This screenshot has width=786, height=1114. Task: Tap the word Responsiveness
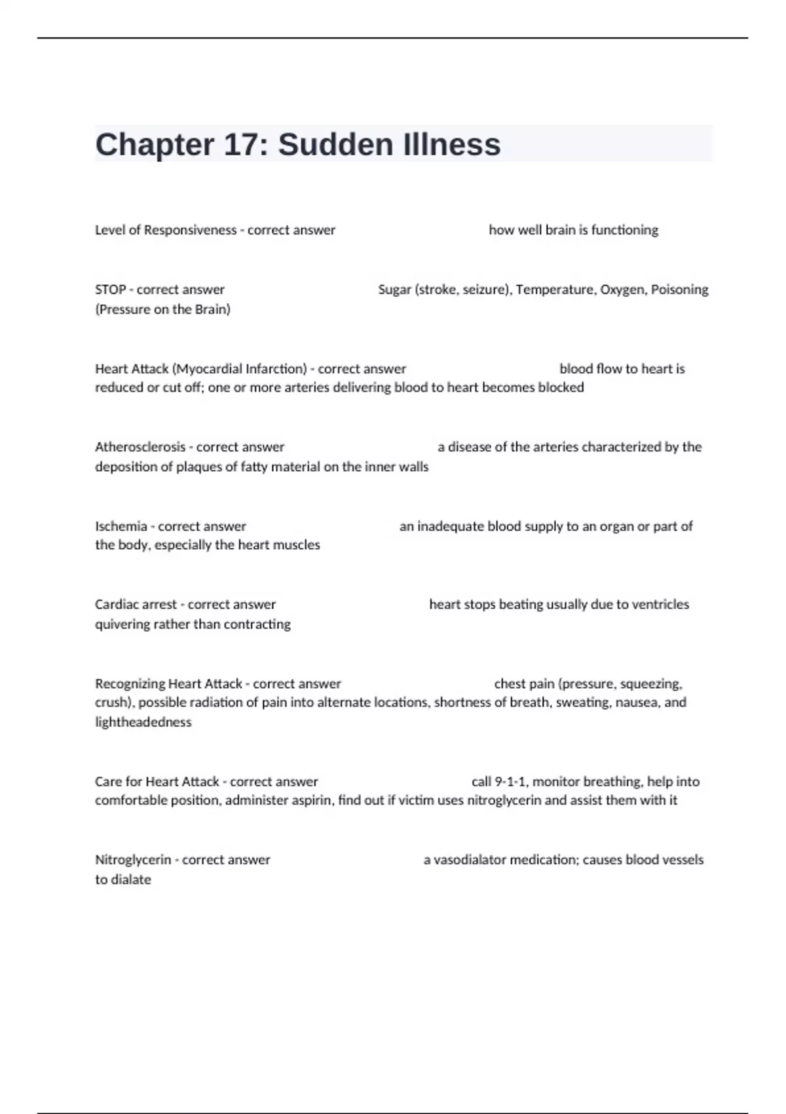click(190, 230)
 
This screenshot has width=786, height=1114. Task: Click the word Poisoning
click(679, 290)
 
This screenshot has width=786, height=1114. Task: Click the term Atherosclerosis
click(140, 447)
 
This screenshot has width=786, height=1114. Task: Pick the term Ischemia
click(121, 526)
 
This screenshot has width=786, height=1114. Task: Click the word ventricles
click(660, 604)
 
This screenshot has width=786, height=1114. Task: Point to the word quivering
click(122, 624)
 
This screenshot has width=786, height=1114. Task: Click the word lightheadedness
click(143, 722)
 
